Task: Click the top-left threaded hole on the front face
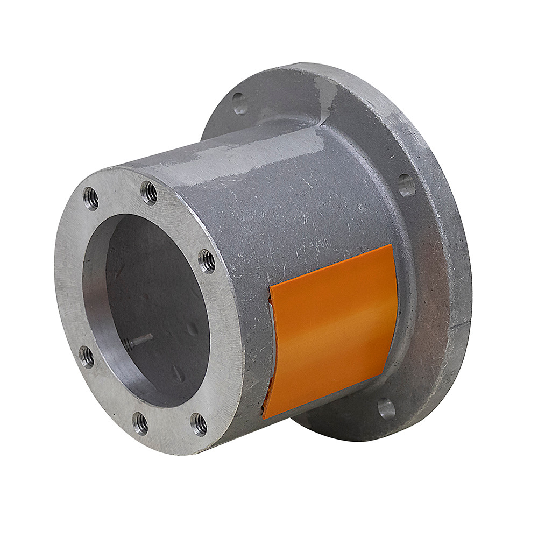(x=91, y=199)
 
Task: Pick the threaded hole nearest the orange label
(x=207, y=261)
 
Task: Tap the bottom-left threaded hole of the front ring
(x=140, y=423)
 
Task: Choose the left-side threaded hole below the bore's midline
(x=86, y=356)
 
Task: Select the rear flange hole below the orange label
(x=386, y=409)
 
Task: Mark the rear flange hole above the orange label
(x=406, y=185)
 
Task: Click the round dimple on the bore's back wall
(x=192, y=329)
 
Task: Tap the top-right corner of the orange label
(x=392, y=246)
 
